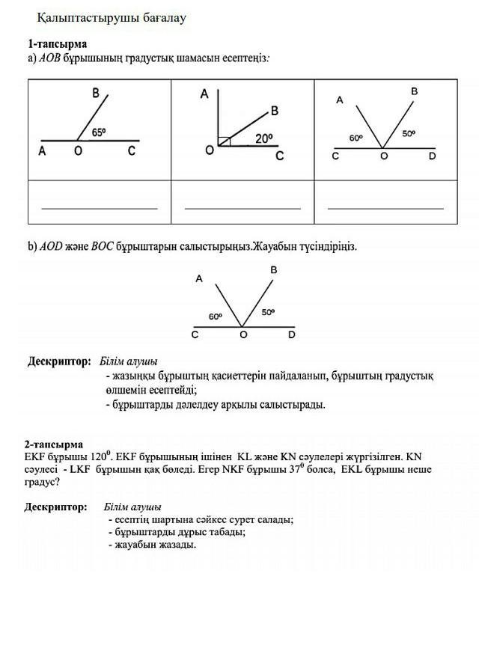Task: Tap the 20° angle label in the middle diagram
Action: tap(263, 138)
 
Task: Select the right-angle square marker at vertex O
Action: tap(225, 141)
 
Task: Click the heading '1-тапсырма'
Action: tap(58, 44)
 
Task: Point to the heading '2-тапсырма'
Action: tap(53, 444)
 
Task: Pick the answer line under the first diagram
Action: tap(100, 208)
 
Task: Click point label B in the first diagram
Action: tap(96, 94)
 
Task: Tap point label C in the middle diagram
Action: tap(279, 156)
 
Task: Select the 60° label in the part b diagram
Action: tap(216, 317)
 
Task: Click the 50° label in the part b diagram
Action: tap(269, 313)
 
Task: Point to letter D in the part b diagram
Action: tap(291, 334)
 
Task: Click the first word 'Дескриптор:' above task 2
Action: tap(55, 507)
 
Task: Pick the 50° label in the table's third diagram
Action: tap(408, 134)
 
